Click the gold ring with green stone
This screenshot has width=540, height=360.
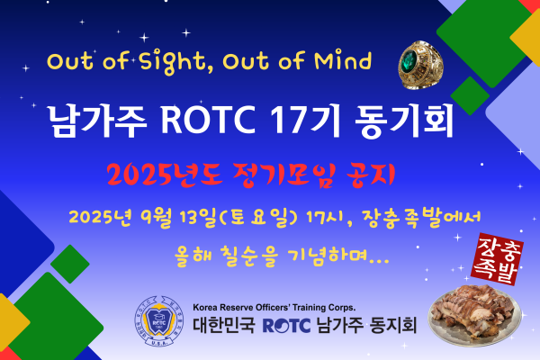(420, 65)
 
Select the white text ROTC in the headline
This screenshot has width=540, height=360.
(208, 119)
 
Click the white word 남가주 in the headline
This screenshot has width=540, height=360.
(97, 121)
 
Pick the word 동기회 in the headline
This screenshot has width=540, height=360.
(404, 121)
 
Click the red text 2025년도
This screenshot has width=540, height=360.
(165, 175)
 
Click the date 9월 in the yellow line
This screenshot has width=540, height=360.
(156, 218)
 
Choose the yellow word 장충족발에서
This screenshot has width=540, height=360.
(421, 218)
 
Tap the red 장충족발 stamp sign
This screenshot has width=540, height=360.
(498, 259)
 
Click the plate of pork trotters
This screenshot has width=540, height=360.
(474, 315)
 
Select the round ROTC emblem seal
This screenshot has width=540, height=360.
(158, 321)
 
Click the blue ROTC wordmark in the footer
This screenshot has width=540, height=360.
(286, 326)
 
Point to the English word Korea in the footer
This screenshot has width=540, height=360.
(205, 307)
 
